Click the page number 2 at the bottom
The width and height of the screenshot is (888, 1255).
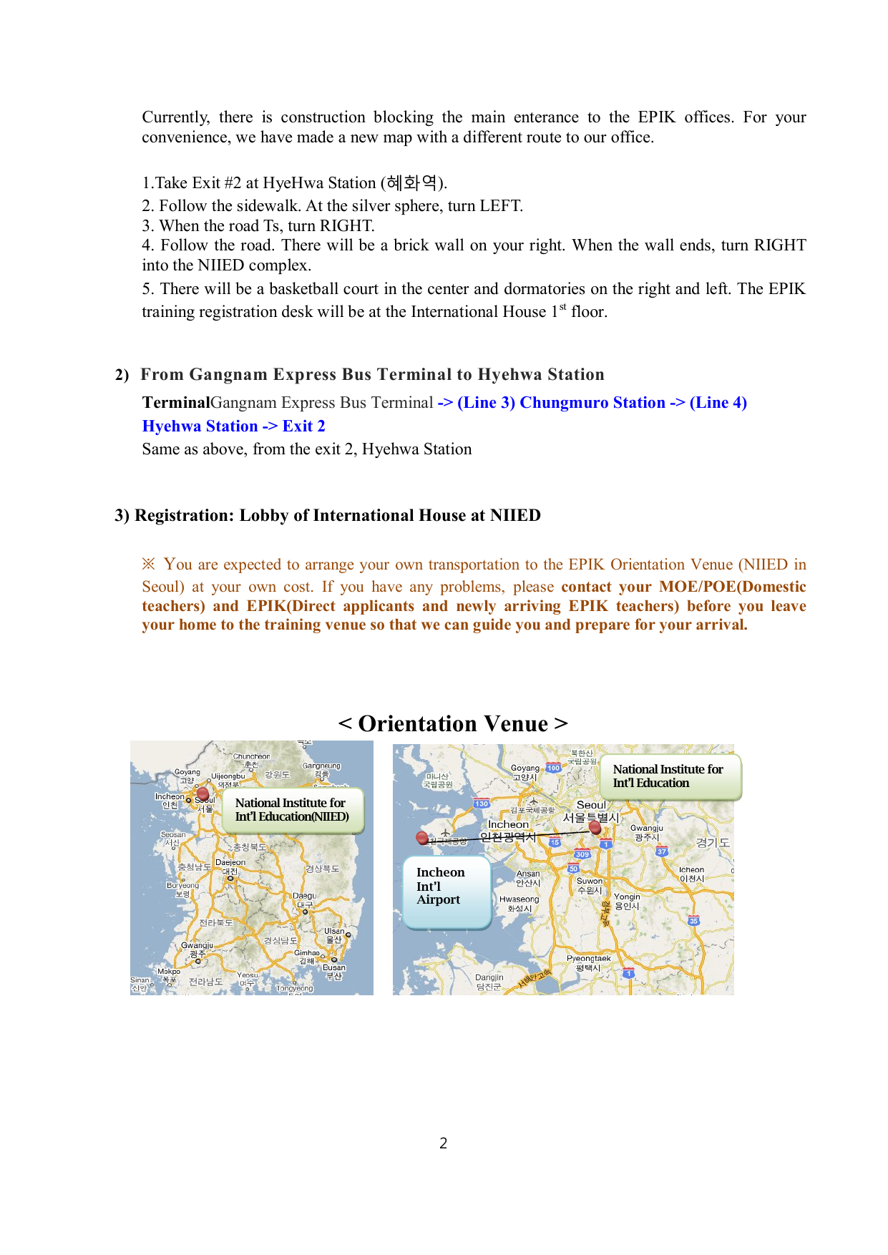click(443, 1143)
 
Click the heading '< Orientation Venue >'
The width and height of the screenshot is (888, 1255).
click(453, 723)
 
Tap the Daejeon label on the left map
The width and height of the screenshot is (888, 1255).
click(230, 863)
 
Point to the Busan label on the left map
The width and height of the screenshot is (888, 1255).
click(333, 968)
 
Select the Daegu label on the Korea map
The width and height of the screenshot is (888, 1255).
click(305, 896)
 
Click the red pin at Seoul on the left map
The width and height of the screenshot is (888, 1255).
click(203, 793)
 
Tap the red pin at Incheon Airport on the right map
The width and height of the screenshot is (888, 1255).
click(422, 837)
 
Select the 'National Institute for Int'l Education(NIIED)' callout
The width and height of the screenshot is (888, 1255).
click(293, 810)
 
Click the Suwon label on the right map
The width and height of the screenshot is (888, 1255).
click(590, 882)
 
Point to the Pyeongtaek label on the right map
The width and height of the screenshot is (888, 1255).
click(588, 959)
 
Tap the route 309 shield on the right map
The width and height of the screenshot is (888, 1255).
click(582, 854)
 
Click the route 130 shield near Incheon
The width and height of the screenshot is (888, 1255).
click(482, 804)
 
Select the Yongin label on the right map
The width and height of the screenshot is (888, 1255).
click(627, 897)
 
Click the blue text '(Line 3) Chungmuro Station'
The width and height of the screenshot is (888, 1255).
click(561, 403)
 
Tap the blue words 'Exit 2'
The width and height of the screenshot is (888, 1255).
click(303, 426)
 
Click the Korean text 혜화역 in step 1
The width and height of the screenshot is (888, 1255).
click(411, 183)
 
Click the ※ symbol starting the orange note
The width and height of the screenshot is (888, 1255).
click(148, 565)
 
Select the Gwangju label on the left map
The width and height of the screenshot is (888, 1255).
click(197, 946)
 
